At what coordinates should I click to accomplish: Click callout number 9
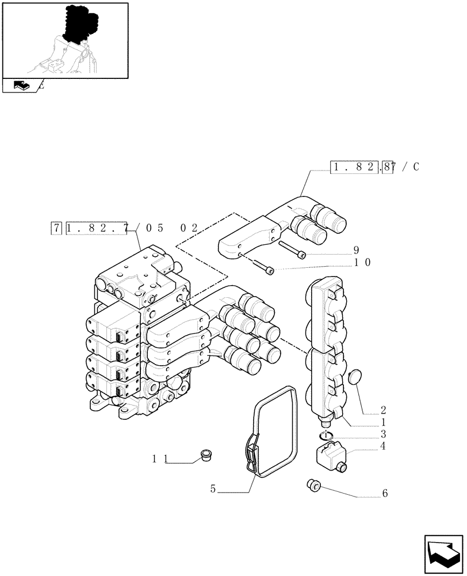coord(356,251)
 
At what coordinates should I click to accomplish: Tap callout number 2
coord(383,411)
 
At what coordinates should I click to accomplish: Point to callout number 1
coord(383,422)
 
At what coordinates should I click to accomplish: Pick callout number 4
coord(383,445)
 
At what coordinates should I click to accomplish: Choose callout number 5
coord(213,489)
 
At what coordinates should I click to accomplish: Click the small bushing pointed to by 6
coord(314,486)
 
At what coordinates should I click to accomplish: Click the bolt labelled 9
coord(293,250)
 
